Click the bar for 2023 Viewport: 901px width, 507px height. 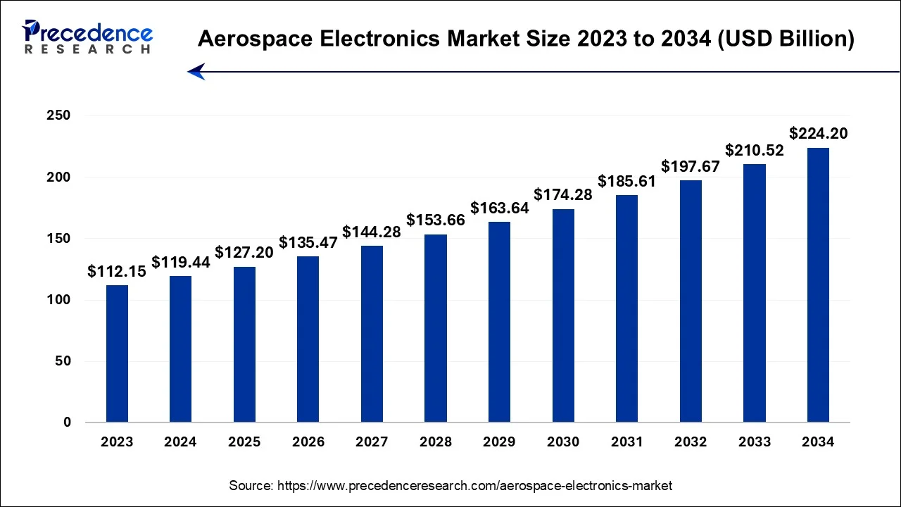pyautogui.click(x=117, y=353)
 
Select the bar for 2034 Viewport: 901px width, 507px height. pyautogui.click(x=818, y=285)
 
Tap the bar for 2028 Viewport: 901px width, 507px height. pyautogui.click(x=435, y=328)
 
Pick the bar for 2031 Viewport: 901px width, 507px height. pyautogui.click(x=626, y=308)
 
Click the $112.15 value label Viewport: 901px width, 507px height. pyautogui.click(x=117, y=272)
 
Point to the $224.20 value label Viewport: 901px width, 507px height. pyautogui.click(x=818, y=134)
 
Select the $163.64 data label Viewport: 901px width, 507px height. pyautogui.click(x=499, y=208)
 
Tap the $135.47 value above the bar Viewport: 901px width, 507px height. pyautogui.click(x=308, y=243)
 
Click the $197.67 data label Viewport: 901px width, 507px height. pyautogui.click(x=691, y=167)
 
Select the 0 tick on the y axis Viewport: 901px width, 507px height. pyautogui.click(x=66, y=423)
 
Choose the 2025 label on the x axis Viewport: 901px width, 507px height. pyautogui.click(x=244, y=442)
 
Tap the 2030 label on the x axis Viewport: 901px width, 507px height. pyautogui.click(x=563, y=442)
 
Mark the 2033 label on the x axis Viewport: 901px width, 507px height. pyautogui.click(x=754, y=442)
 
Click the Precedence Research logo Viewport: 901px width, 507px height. pyautogui.click(x=87, y=37)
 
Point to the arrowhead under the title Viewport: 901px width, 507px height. pyautogui.click(x=196, y=71)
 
